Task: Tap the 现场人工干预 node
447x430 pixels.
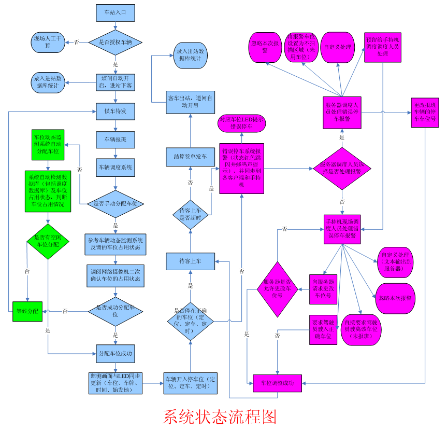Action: (x=49, y=42)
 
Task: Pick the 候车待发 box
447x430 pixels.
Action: (x=115, y=111)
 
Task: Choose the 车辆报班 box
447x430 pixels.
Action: (x=115, y=140)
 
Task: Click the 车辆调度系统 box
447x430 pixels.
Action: (x=115, y=168)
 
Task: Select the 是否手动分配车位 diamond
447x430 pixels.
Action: (x=115, y=204)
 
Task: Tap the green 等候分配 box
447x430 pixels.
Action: (x=27, y=311)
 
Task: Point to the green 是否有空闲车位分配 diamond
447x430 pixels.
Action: (x=47, y=241)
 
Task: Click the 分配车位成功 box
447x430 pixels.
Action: (x=115, y=353)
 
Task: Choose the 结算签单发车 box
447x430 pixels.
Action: (x=190, y=156)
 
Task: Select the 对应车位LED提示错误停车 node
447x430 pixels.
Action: (x=242, y=123)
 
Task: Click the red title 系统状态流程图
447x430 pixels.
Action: (x=220, y=417)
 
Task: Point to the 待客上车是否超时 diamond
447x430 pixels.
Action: (x=190, y=214)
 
